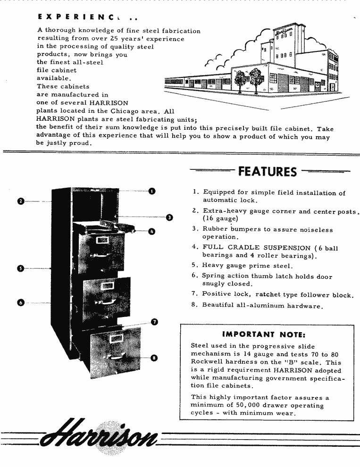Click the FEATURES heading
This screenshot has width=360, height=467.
point(268,171)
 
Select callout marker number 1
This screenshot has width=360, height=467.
point(152,191)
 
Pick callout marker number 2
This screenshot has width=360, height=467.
point(21,201)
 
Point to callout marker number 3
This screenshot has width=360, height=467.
point(169,217)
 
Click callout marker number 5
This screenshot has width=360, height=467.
point(20,269)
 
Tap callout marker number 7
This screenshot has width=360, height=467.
point(154,322)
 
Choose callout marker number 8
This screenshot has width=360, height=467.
point(153,358)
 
